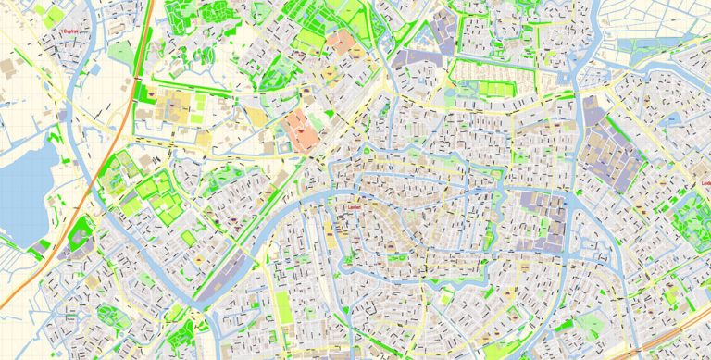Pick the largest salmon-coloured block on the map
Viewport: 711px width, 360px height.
tap(302, 130)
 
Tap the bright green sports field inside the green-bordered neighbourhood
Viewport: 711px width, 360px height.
tap(497, 89)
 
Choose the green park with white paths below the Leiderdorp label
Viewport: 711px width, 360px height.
tap(692, 221)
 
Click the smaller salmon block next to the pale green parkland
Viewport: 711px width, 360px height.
tap(345, 42)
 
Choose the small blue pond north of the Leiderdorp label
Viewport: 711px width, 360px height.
tap(669, 120)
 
